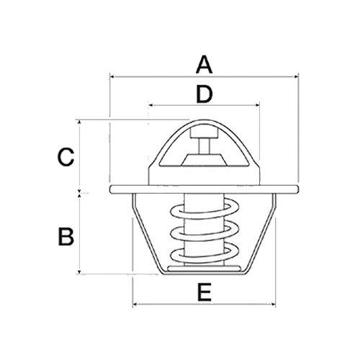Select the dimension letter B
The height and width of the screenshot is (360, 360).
[x=66, y=235]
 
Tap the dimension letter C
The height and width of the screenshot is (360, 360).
[x=66, y=156]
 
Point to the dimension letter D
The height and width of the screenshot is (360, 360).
[x=204, y=94]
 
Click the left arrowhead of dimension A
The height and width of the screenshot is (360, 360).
[x=112, y=75]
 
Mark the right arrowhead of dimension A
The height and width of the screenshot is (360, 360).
[x=296, y=75]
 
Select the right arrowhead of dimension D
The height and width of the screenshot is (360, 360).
[x=257, y=105]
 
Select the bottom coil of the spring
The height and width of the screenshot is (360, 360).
[x=204, y=253]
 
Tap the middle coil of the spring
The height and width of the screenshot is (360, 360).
[x=204, y=233]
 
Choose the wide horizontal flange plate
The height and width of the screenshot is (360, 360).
[x=204, y=189]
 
